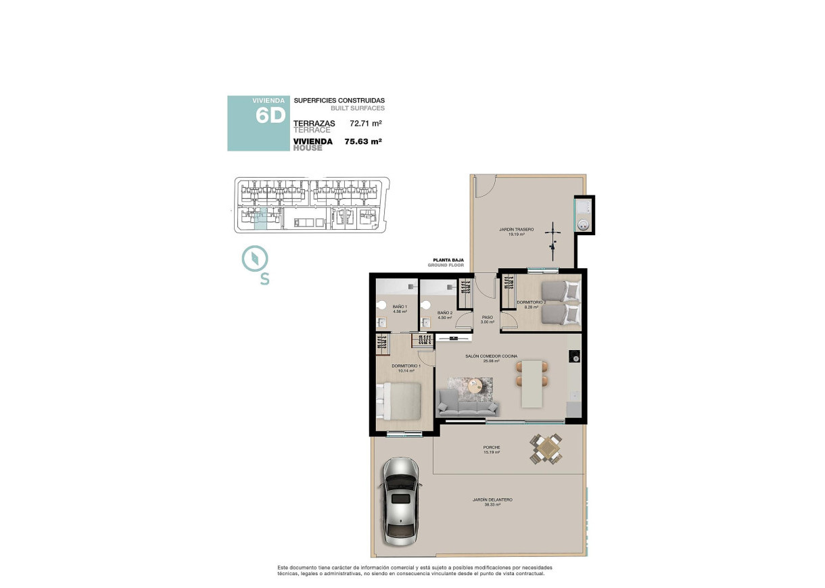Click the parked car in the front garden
click(x=401, y=501)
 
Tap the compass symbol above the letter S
click(x=256, y=258)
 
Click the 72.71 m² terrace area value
click(x=366, y=124)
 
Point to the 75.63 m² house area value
click(x=363, y=142)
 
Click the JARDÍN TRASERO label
click(x=517, y=230)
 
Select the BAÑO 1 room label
click(x=400, y=307)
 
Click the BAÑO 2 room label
click(x=444, y=312)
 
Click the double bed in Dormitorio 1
click(x=400, y=400)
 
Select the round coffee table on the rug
click(x=477, y=385)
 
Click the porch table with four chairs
click(x=546, y=448)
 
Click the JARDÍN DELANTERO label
click(x=492, y=499)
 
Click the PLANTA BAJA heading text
click(x=448, y=260)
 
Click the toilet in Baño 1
click(x=382, y=304)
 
